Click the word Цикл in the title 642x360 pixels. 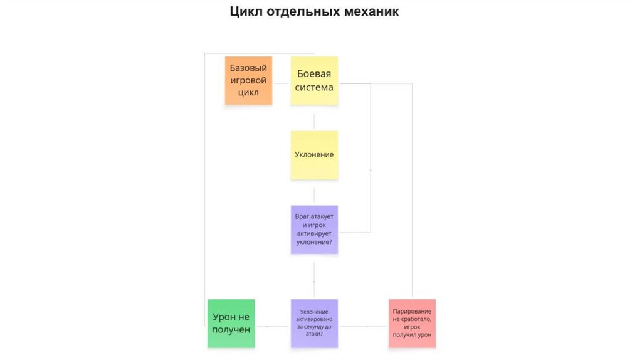click(246, 12)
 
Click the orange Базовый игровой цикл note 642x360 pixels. click(248, 80)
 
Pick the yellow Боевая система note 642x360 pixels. click(314, 80)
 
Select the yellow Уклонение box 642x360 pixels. click(314, 155)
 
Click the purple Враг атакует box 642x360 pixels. click(314, 230)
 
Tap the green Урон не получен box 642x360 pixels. click(231, 323)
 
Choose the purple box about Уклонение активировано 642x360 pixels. click(314, 323)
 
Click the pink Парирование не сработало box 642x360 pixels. click(411, 323)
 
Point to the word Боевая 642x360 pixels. click(314, 73)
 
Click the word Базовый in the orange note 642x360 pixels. click(248, 68)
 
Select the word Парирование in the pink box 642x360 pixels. click(411, 311)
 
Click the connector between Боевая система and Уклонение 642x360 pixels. click(314, 117)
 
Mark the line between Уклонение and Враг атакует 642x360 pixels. click(314, 192)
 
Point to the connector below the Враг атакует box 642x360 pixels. click(314, 276)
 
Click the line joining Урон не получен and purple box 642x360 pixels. click(273, 326)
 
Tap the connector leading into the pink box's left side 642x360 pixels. click(364, 326)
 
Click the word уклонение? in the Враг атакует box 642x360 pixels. click(314, 241)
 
